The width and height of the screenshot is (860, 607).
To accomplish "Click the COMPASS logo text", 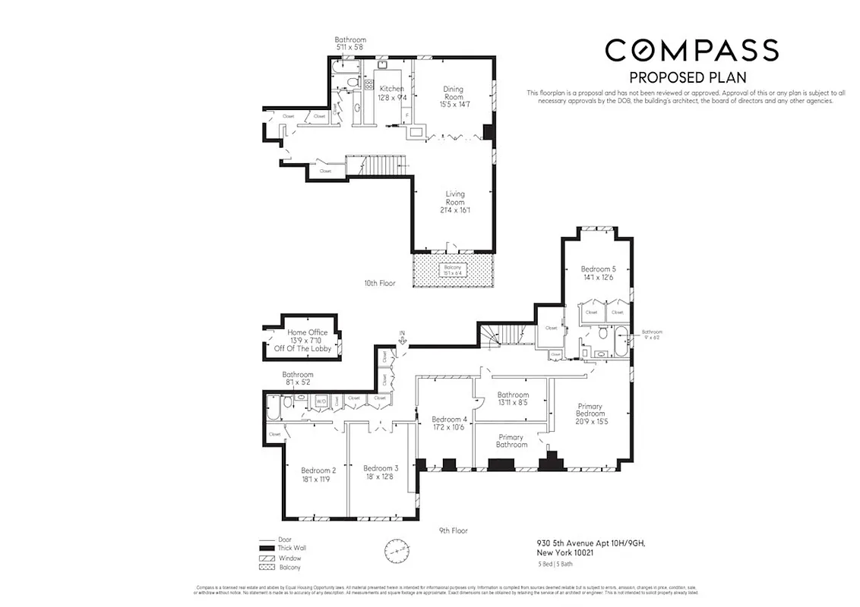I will [691, 50].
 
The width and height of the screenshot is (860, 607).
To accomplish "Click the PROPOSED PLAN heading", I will [688, 77].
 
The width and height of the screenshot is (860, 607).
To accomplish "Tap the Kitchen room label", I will [391, 93].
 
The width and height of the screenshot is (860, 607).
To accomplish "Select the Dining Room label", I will [453, 96].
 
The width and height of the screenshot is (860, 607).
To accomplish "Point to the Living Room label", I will [454, 202].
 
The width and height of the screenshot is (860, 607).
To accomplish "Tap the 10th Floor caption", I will [380, 283].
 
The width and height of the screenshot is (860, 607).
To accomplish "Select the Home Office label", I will [307, 340].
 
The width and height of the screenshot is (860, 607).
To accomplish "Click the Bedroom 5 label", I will [596, 273].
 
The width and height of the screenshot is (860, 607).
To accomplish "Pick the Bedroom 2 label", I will [318, 474].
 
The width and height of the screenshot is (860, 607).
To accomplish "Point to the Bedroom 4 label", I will [449, 423].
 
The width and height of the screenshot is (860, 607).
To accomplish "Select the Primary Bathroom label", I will [511, 441].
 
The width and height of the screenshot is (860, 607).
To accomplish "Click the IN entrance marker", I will [403, 336].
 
